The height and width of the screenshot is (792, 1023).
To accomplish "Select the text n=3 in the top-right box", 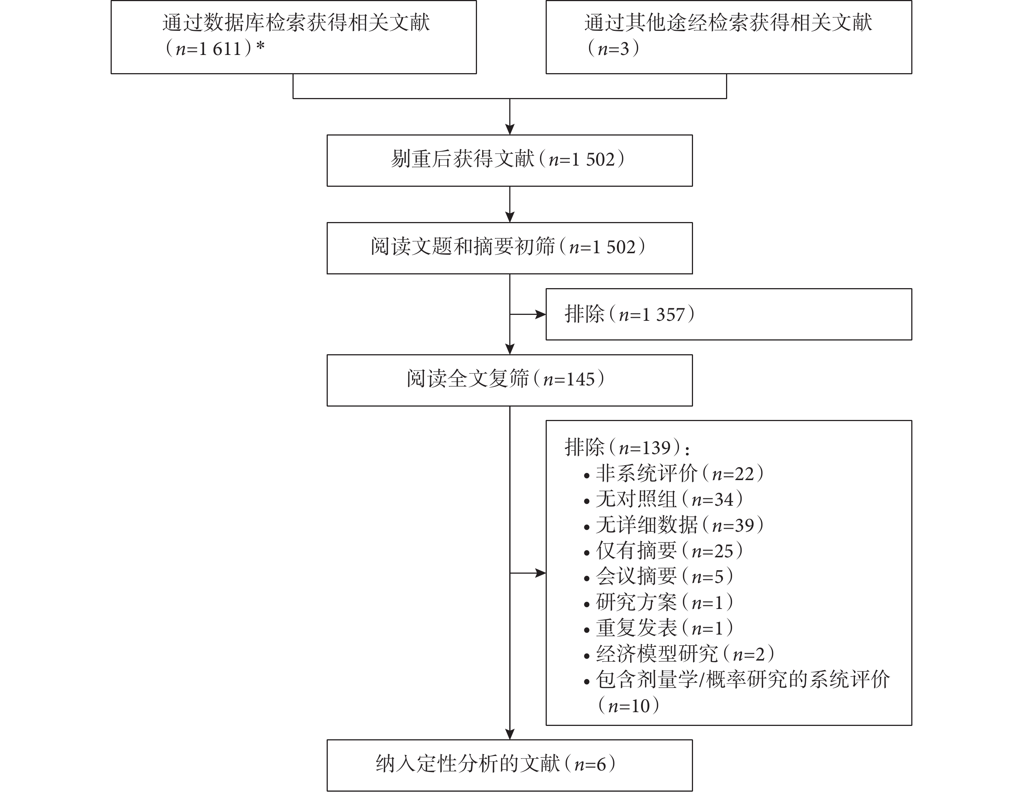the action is click(x=613, y=48).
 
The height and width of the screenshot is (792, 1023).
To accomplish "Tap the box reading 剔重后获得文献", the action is click(x=510, y=161).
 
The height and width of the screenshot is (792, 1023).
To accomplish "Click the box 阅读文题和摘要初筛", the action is click(x=510, y=248).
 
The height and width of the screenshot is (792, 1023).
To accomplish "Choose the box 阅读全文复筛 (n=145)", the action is click(x=510, y=380).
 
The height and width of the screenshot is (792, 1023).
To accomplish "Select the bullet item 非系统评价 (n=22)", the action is click(x=674, y=473).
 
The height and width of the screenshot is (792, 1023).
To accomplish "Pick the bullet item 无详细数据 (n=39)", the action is click(x=674, y=525).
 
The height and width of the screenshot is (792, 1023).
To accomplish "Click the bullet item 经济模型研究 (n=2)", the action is click(x=680, y=654).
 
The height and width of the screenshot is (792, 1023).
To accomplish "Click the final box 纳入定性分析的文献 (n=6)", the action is click(x=510, y=765).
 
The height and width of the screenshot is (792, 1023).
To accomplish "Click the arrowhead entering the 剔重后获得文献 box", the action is click(x=510, y=129).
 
